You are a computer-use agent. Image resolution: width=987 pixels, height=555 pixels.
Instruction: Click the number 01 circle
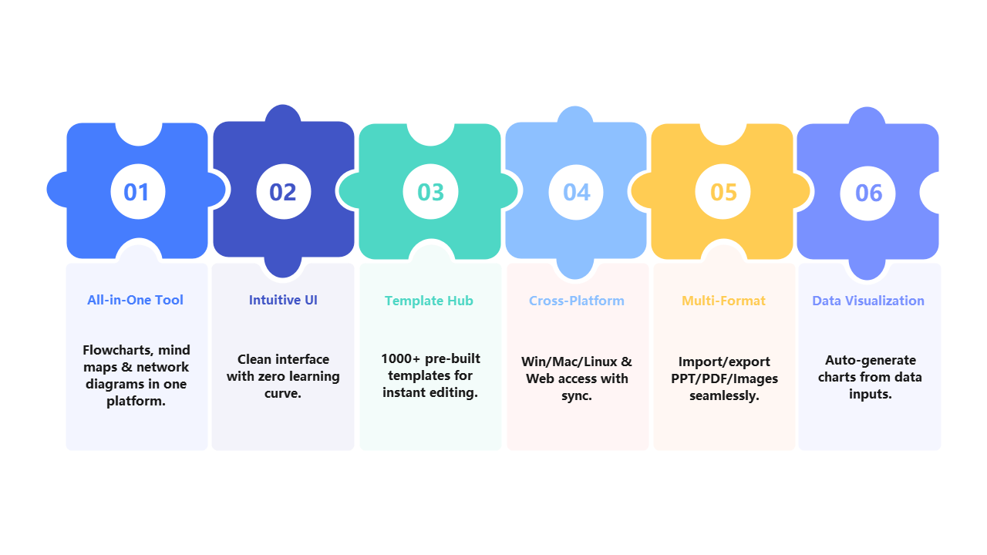[x=137, y=191]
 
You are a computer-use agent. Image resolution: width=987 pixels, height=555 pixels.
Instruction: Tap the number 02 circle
[x=283, y=191]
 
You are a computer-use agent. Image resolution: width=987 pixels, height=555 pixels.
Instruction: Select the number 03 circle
[x=430, y=191]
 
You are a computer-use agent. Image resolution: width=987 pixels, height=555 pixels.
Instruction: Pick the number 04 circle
[x=576, y=191]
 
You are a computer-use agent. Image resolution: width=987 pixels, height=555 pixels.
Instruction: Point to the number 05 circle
[x=723, y=191]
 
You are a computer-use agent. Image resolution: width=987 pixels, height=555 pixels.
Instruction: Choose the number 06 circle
[x=868, y=192]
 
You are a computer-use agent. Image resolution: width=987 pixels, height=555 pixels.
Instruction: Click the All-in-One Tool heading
[x=135, y=300]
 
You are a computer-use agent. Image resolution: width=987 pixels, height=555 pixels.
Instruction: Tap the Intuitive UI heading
[x=283, y=300]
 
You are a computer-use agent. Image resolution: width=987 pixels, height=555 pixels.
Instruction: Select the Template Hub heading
[x=429, y=301]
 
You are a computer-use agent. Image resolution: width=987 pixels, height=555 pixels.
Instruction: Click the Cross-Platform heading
[x=576, y=301]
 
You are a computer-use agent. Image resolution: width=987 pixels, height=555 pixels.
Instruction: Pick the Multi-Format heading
[x=723, y=301]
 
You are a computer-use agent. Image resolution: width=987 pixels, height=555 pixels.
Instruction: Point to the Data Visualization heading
[x=867, y=301]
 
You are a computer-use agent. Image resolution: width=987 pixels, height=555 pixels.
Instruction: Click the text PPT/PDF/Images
[x=723, y=378]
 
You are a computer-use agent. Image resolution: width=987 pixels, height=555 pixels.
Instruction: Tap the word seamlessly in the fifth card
[x=723, y=395]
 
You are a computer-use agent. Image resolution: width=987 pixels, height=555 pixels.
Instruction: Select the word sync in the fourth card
[x=576, y=395]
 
